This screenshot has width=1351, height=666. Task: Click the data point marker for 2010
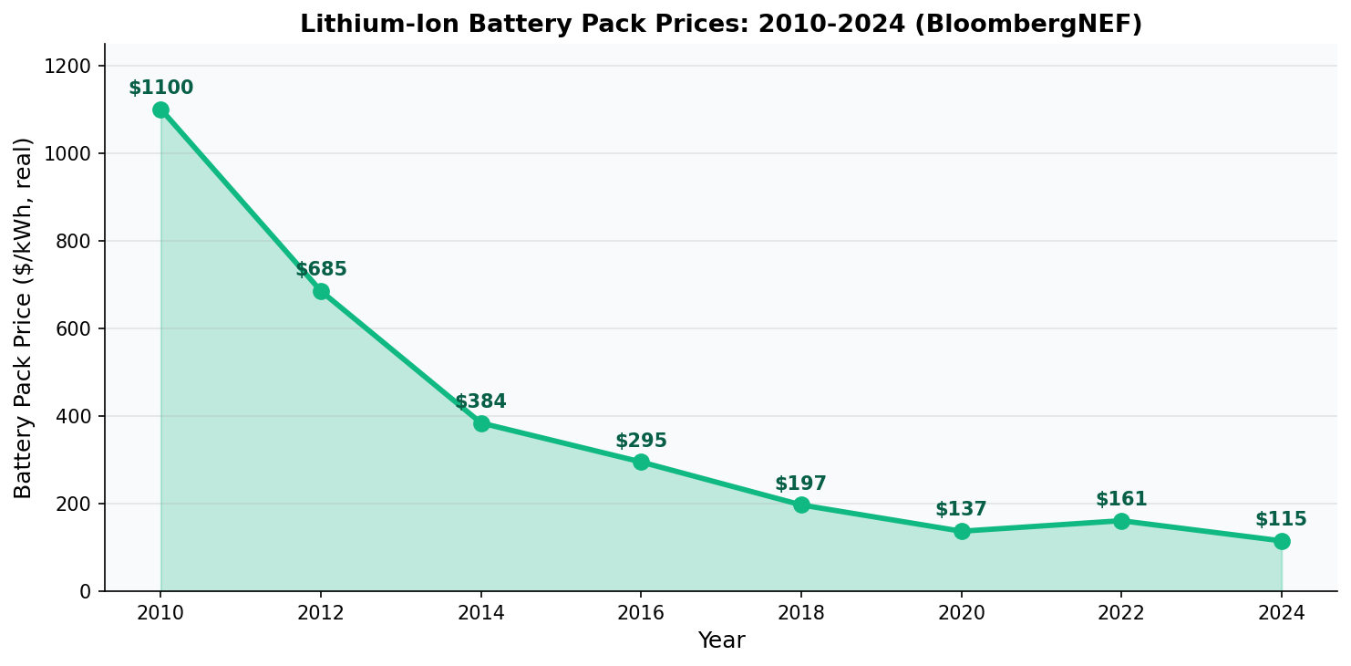(x=160, y=109)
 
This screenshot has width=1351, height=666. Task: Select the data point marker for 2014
(x=481, y=423)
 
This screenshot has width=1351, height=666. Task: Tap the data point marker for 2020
(x=962, y=531)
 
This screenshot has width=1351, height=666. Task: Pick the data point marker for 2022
(x=1121, y=521)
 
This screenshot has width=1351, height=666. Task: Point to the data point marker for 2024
(x=1282, y=541)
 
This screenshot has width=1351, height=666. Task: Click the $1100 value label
(x=160, y=88)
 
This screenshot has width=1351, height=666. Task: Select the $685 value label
(x=321, y=270)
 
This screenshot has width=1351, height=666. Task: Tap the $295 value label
(x=641, y=442)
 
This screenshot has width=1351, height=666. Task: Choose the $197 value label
(x=800, y=484)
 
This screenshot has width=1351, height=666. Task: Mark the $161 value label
(x=1121, y=500)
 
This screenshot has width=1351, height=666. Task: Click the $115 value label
(x=1281, y=520)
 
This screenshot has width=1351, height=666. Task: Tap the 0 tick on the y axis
(x=86, y=591)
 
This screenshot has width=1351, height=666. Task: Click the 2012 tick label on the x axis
(x=321, y=613)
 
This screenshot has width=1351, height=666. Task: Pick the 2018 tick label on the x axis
(x=801, y=613)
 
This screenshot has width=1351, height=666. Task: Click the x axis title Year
(x=721, y=641)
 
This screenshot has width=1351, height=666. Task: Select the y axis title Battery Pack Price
(x=24, y=317)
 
